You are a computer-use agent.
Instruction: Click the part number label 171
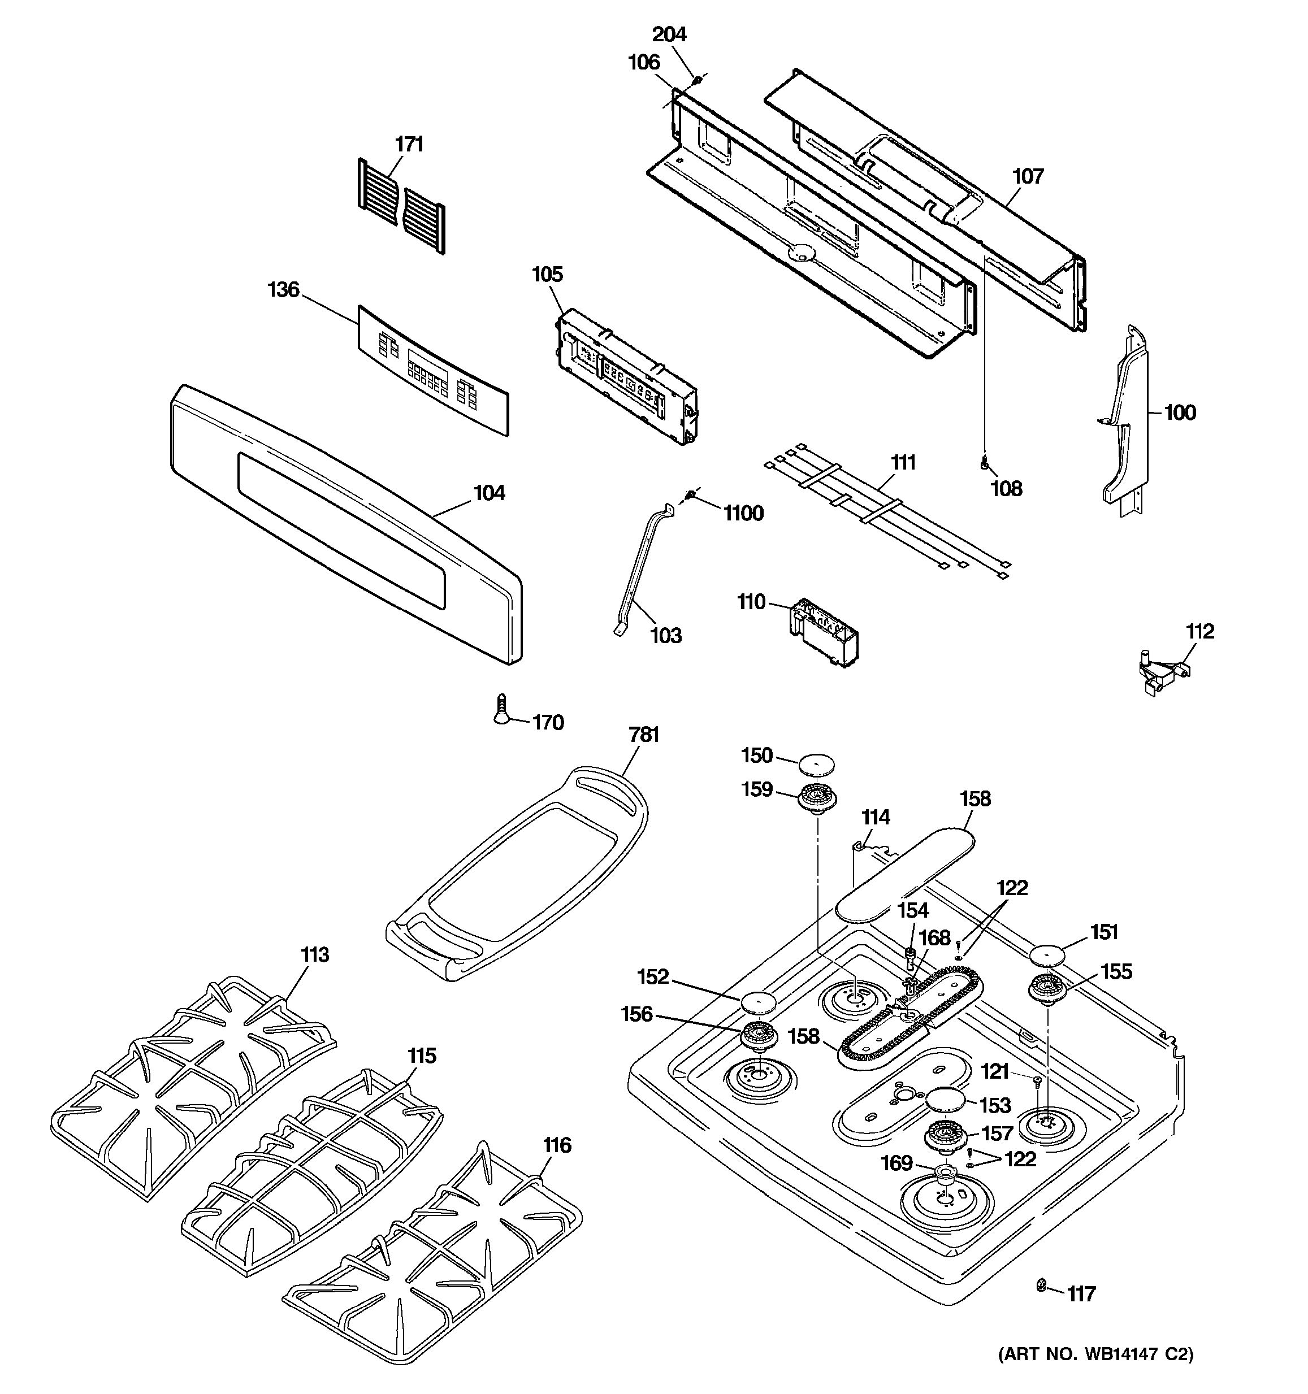409,145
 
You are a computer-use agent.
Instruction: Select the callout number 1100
743,514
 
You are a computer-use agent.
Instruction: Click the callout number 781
644,735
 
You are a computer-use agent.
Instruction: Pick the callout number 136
283,290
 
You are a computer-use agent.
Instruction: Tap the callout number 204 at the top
669,34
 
